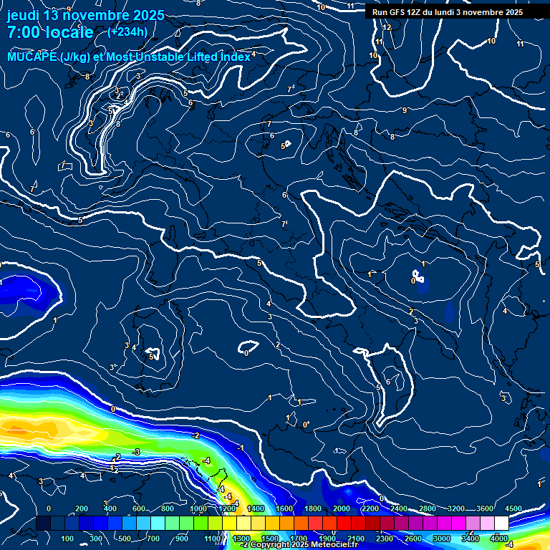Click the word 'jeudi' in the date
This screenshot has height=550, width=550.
(23, 15)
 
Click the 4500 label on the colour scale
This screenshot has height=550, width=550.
(513, 508)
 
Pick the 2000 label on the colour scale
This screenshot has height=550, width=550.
(341, 508)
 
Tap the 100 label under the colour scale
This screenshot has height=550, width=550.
(68, 539)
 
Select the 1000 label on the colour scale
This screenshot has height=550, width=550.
(198, 508)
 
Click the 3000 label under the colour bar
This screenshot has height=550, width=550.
(442, 539)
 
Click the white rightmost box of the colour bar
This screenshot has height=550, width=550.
(501, 524)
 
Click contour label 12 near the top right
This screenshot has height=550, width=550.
(387, 27)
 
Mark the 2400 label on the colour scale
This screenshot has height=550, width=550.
(398, 508)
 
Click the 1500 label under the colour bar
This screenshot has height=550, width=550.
(270, 539)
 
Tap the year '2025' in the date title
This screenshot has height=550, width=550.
(147, 15)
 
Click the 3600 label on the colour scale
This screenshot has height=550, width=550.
(484, 508)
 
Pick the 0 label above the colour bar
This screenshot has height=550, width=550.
(49, 508)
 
